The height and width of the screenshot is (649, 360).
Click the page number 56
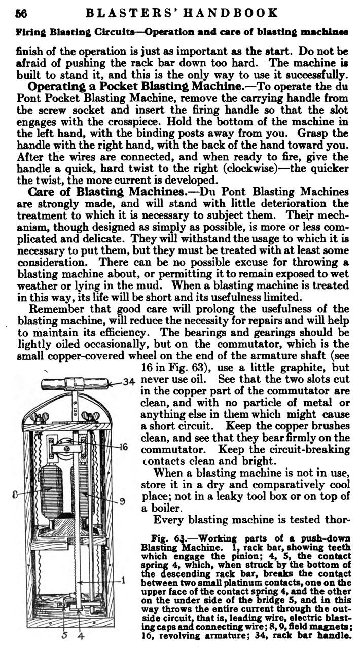(x=22, y=13)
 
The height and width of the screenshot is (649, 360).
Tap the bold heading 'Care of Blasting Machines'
(x=106, y=192)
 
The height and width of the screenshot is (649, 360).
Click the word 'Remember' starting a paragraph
(x=58, y=309)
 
